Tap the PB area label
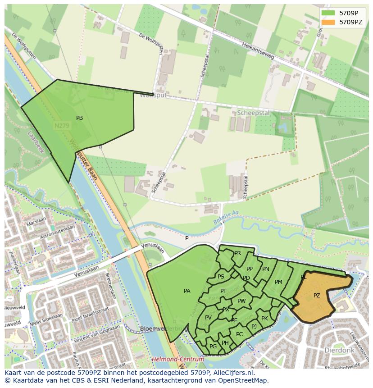click(x=79, y=118)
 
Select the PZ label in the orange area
click(x=317, y=296)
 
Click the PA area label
click(x=187, y=291)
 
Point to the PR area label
click(x=237, y=253)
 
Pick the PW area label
click(x=241, y=301)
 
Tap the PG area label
click(x=213, y=346)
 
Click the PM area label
click(x=278, y=282)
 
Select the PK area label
click(x=264, y=319)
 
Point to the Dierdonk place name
click(x=340, y=350)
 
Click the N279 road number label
click(x=62, y=127)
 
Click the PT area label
click(x=223, y=291)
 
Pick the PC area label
click(x=239, y=334)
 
